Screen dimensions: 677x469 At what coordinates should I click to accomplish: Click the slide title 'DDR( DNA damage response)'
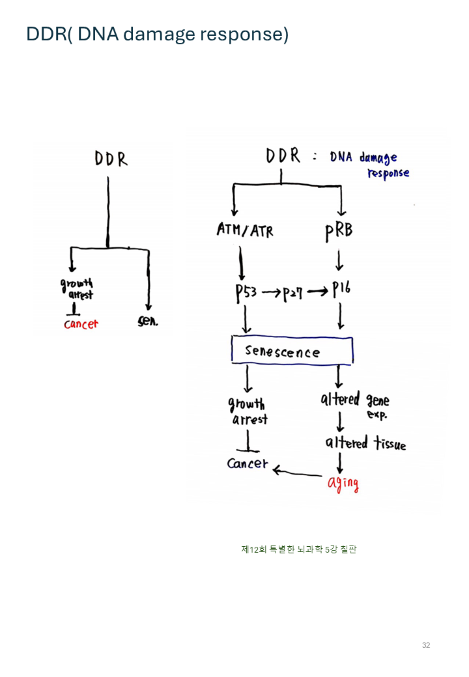tap(157, 34)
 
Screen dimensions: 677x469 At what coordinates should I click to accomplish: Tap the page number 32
tap(426, 645)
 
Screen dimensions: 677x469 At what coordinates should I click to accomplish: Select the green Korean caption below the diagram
tap(299, 549)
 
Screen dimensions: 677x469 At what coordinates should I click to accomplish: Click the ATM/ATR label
tap(244, 230)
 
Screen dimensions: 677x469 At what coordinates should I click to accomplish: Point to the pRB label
tap(338, 230)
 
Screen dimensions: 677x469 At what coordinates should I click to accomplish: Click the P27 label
tap(293, 293)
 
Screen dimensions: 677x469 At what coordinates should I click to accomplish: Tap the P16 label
tap(341, 290)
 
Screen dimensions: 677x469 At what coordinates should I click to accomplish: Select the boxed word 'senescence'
tap(283, 352)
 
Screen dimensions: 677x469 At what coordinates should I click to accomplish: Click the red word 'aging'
tap(343, 484)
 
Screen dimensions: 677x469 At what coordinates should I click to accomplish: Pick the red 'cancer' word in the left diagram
tap(81, 324)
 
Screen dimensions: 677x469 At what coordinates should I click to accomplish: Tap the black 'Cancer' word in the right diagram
tap(248, 463)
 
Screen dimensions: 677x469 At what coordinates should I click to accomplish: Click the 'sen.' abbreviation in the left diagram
tap(149, 322)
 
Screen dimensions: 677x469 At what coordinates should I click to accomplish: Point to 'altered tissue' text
tap(365, 443)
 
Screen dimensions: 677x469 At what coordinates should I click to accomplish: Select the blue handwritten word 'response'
tap(388, 174)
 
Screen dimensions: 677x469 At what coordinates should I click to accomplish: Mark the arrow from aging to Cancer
tap(298, 471)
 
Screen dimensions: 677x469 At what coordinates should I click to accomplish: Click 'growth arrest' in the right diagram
tap(247, 411)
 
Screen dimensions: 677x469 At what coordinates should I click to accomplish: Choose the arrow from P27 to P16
tap(318, 292)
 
